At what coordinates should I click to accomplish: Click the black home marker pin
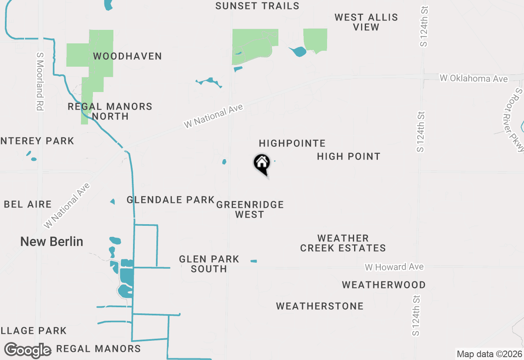pyautogui.click(x=262, y=164)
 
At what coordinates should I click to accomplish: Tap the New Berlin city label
pyautogui.click(x=52, y=241)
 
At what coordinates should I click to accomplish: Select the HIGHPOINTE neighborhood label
pyautogui.click(x=292, y=143)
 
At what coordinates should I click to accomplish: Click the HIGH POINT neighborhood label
pyautogui.click(x=348, y=156)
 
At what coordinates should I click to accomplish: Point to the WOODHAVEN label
pyautogui.click(x=127, y=56)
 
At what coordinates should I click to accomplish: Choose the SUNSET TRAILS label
pyautogui.click(x=257, y=6)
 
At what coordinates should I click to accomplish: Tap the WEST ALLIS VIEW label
pyautogui.click(x=366, y=22)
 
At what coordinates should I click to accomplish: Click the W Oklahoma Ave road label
pyautogui.click(x=473, y=78)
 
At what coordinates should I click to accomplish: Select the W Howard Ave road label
pyautogui.click(x=394, y=267)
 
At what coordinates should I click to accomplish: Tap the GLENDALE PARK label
pyautogui.click(x=170, y=200)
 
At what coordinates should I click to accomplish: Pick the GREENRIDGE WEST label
pyautogui.click(x=250, y=209)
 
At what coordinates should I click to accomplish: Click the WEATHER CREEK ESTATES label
pyautogui.click(x=343, y=243)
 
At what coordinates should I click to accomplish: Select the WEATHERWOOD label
pyautogui.click(x=384, y=285)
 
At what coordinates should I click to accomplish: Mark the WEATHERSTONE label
pyautogui.click(x=320, y=306)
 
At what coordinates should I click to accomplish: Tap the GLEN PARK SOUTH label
pyautogui.click(x=209, y=264)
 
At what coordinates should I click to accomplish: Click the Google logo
pyautogui.click(x=27, y=350)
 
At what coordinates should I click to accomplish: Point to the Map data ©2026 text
pyautogui.click(x=489, y=354)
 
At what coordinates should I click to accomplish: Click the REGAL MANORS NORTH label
pyautogui.click(x=110, y=111)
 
